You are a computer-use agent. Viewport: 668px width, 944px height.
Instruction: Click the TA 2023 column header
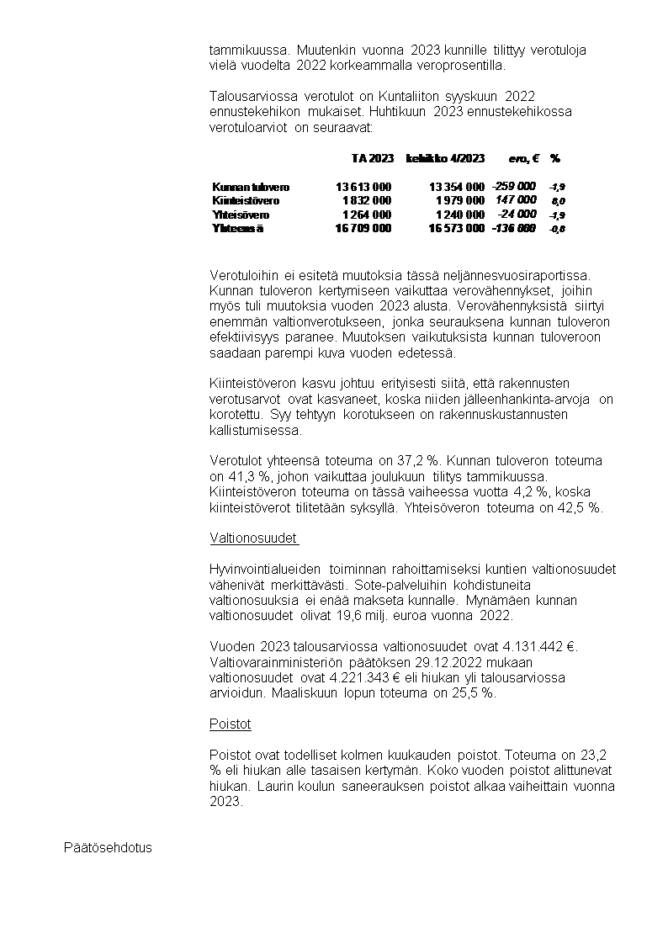tap(372, 158)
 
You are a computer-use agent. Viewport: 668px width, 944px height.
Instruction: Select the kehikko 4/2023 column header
tap(445, 158)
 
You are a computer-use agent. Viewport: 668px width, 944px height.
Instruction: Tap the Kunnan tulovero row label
tap(251, 187)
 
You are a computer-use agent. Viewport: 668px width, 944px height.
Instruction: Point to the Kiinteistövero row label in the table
tap(246, 201)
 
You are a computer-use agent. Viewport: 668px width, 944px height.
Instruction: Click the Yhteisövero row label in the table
tap(241, 215)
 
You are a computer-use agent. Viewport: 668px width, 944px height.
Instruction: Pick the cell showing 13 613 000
tap(363, 187)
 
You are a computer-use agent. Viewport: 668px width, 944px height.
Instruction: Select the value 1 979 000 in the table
tap(459, 201)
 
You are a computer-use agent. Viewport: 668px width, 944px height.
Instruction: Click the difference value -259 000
tap(513, 186)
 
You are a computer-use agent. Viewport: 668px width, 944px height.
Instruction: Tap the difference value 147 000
tap(516, 200)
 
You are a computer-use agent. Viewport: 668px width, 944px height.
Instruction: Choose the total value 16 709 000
tap(363, 228)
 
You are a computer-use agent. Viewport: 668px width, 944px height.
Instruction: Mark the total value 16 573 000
tap(456, 228)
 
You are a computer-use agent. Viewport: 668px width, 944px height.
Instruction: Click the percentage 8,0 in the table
tap(558, 202)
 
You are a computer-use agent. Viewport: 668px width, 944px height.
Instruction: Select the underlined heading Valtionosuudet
tap(254, 538)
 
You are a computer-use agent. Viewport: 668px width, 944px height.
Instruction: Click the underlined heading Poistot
tap(230, 724)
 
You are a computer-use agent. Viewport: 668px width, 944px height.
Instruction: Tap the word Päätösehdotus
tap(108, 847)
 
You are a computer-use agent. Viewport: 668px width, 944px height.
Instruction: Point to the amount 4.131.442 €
tap(533, 646)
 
